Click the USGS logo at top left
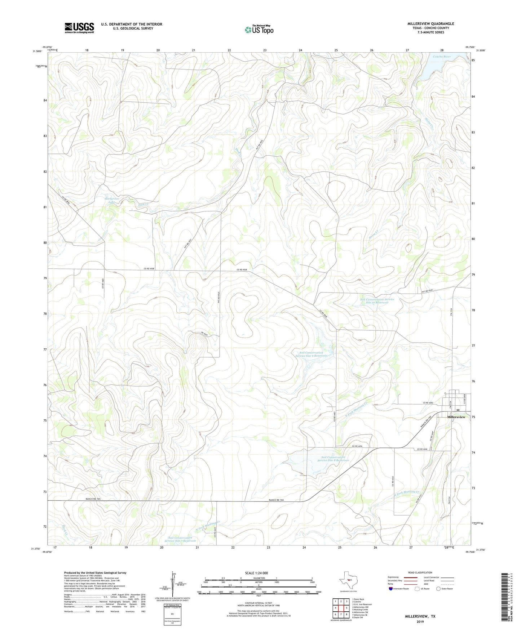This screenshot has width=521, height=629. (79, 28)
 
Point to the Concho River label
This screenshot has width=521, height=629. (442, 57)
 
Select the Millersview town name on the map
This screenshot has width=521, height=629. (456, 417)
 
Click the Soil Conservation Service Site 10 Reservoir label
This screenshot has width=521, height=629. (377, 301)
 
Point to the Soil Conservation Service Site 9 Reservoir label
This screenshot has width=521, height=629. (313, 354)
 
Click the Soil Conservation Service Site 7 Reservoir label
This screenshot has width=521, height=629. (180, 539)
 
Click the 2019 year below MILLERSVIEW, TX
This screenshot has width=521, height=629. (420, 621)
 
